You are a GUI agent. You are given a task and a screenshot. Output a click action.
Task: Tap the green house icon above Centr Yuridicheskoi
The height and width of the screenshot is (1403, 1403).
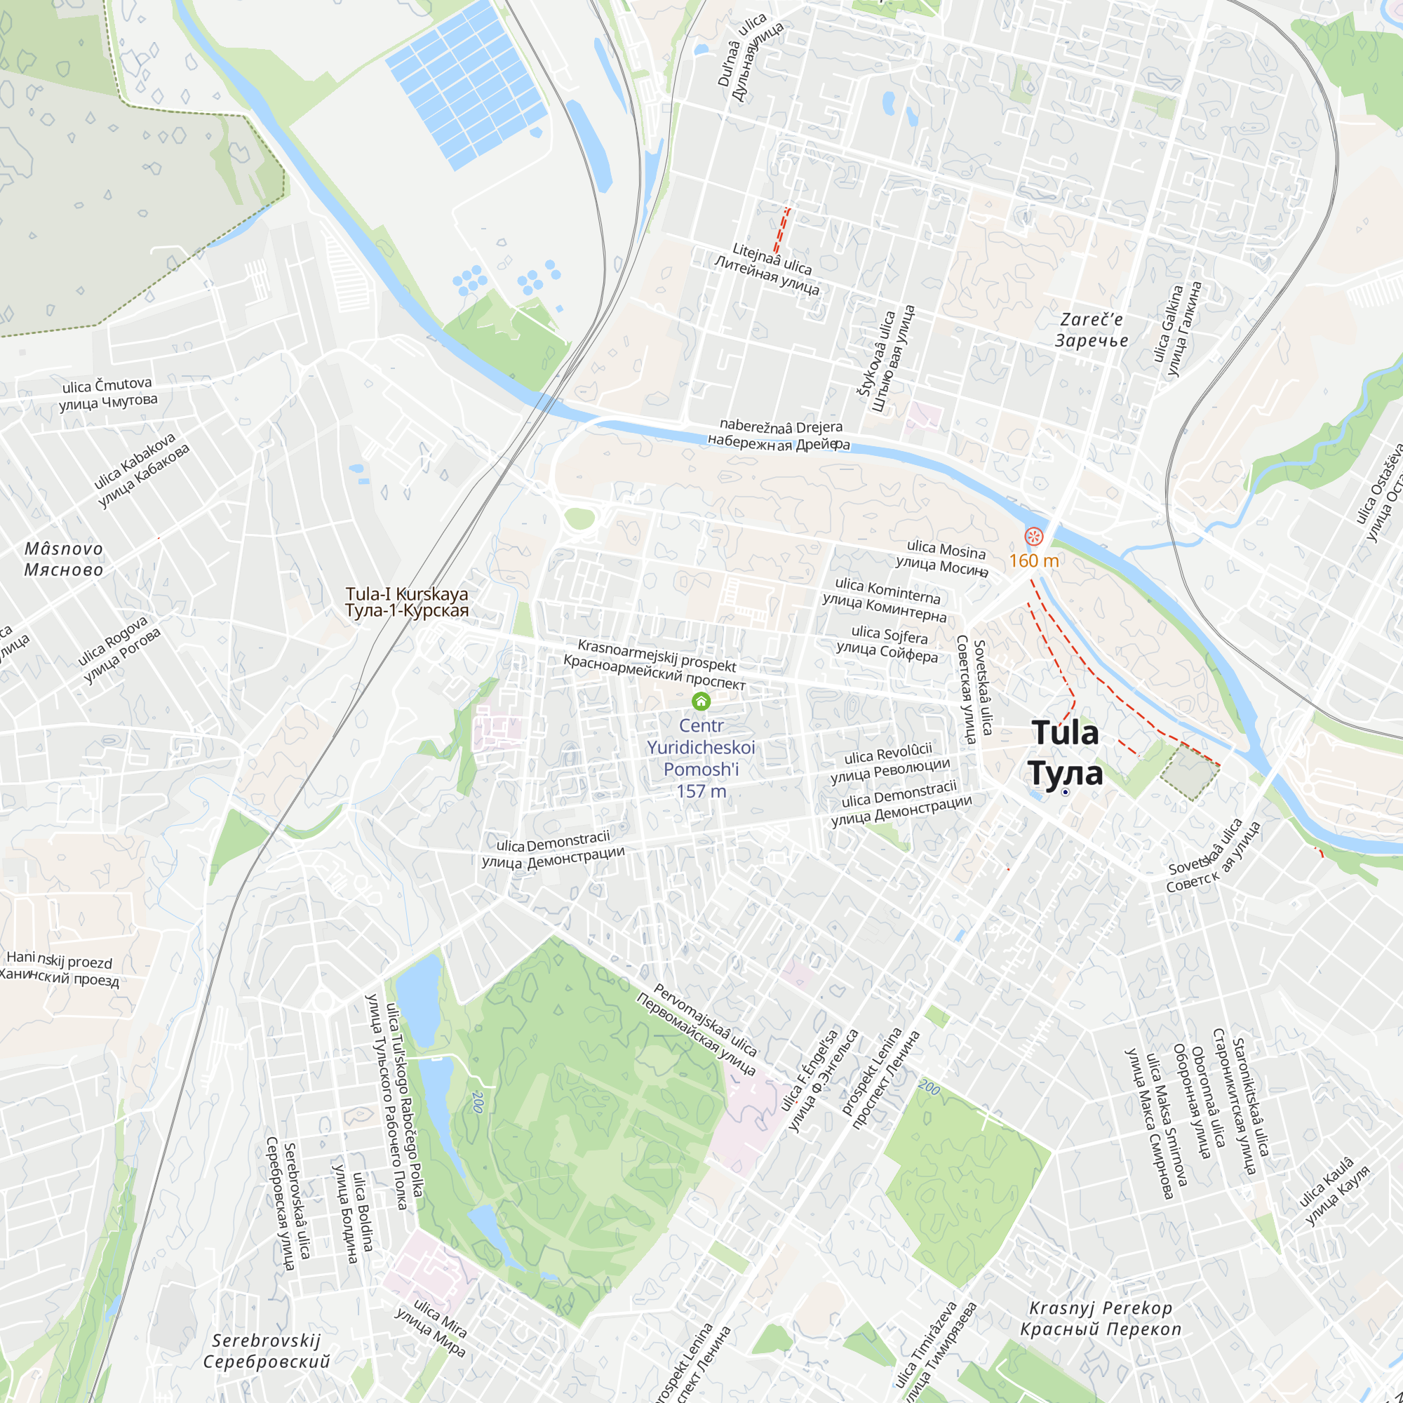[x=701, y=701]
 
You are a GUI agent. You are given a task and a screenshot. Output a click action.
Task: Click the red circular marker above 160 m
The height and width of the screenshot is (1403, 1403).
[x=1034, y=537]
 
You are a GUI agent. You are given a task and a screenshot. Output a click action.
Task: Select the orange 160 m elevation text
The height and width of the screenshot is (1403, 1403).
[x=1033, y=560]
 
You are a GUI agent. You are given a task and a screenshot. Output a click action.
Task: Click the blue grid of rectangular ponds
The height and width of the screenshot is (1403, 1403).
[x=467, y=83]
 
